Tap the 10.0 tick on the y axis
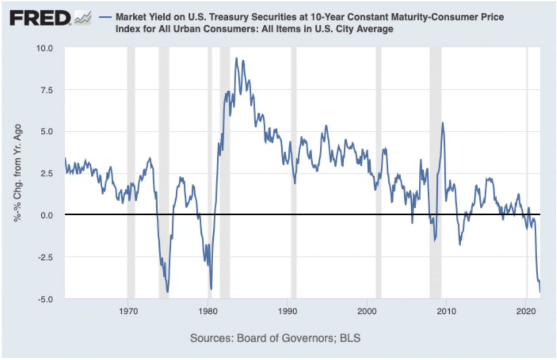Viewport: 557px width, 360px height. click(45, 48)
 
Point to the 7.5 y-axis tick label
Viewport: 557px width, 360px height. click(47, 90)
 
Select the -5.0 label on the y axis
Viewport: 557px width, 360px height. click(46, 299)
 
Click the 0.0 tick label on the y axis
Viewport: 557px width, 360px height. click(47, 215)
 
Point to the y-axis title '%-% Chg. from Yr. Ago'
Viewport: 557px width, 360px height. click(20, 173)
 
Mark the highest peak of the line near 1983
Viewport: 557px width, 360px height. click(236, 58)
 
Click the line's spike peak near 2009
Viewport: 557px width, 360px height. click(443, 123)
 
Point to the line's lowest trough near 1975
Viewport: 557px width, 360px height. click(168, 292)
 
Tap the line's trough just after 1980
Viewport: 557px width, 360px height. click(211, 289)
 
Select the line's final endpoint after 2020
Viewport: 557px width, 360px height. click(540, 292)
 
